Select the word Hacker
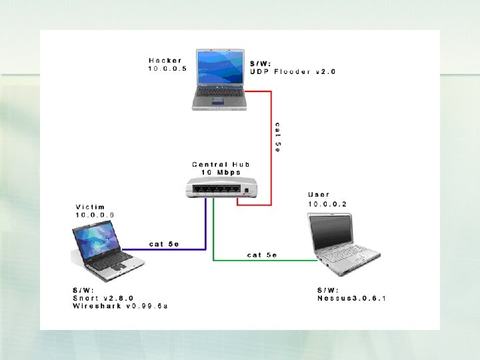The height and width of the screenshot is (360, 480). (x=166, y=61)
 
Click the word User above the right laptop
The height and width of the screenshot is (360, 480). (x=319, y=195)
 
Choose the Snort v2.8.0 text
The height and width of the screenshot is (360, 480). (x=103, y=298)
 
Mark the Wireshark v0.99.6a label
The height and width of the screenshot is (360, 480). (x=120, y=306)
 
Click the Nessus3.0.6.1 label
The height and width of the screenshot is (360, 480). (x=351, y=298)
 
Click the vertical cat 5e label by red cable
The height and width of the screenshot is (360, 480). (x=278, y=137)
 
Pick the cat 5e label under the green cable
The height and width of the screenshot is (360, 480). (x=261, y=254)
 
